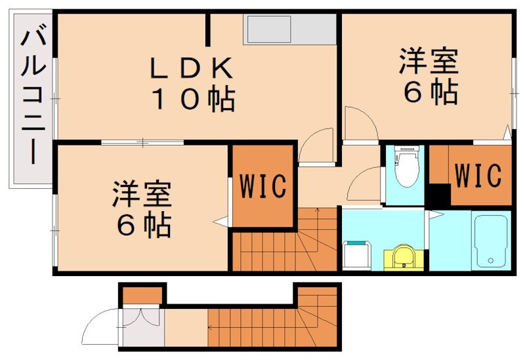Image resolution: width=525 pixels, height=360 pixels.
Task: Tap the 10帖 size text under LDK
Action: coord(194,100)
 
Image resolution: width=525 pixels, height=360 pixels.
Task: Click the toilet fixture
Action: coord(405,165)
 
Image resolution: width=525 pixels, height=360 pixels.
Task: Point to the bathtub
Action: coord(490,241)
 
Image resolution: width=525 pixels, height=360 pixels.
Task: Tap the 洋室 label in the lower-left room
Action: coord(142,195)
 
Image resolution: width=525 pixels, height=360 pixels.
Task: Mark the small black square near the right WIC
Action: coord(439,196)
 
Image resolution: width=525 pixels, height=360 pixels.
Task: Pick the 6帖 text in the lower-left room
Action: coord(143,226)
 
